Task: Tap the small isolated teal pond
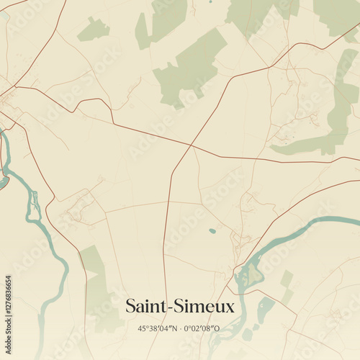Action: (x=212, y=231)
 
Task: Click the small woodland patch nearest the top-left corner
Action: (x=94, y=30)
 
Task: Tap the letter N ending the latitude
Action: (x=174, y=328)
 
